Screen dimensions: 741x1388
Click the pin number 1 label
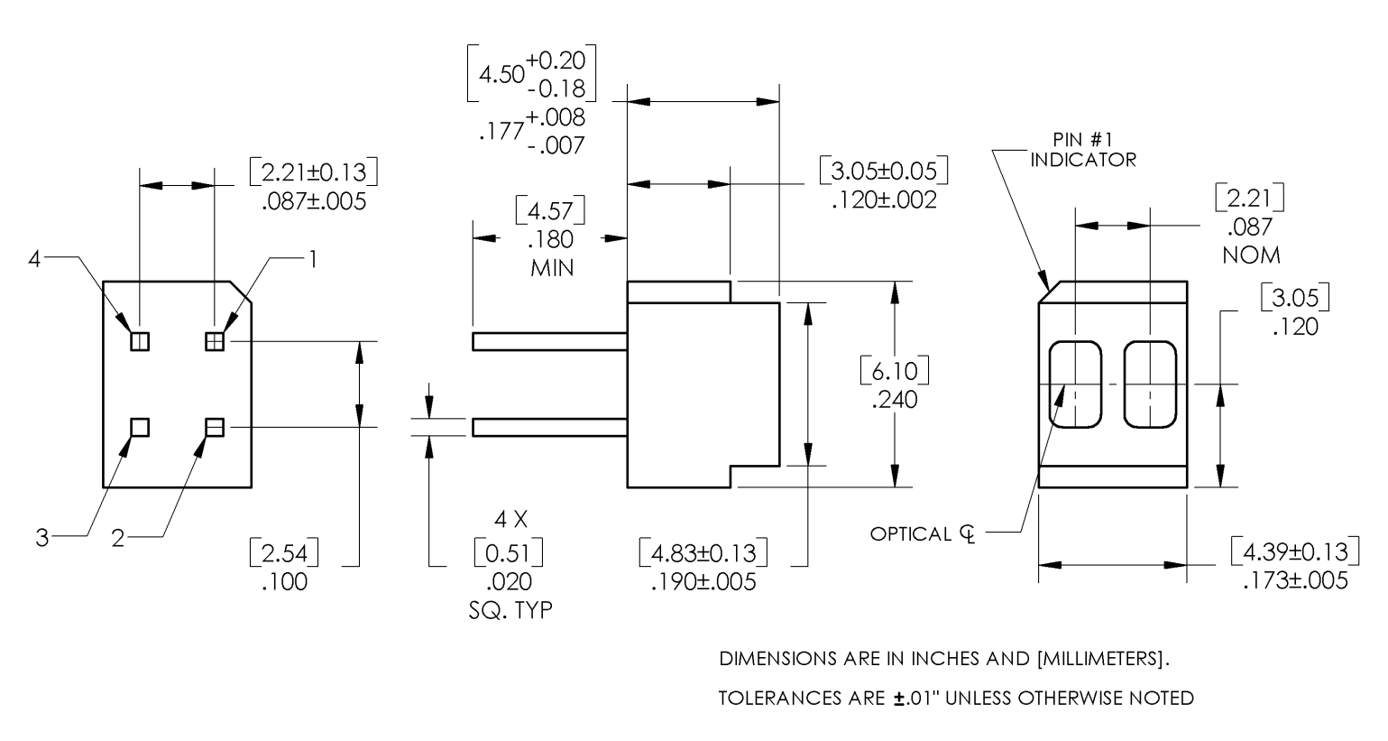(312, 260)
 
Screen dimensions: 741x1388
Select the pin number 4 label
(34, 260)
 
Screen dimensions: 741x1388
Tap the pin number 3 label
(41, 539)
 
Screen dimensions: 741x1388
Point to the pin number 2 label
(117, 539)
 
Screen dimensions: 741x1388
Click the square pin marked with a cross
(215, 341)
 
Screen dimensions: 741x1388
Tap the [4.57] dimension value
(550, 211)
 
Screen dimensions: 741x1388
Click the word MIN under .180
(552, 268)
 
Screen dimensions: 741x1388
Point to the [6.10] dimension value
(894, 370)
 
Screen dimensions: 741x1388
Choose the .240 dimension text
(894, 399)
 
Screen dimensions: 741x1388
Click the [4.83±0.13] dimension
(703, 552)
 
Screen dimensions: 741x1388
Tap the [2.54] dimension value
(284, 552)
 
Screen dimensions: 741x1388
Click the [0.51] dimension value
(508, 552)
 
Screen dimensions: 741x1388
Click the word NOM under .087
(1251, 255)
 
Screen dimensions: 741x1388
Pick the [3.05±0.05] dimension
(884, 171)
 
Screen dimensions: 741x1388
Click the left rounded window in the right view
(1075, 384)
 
